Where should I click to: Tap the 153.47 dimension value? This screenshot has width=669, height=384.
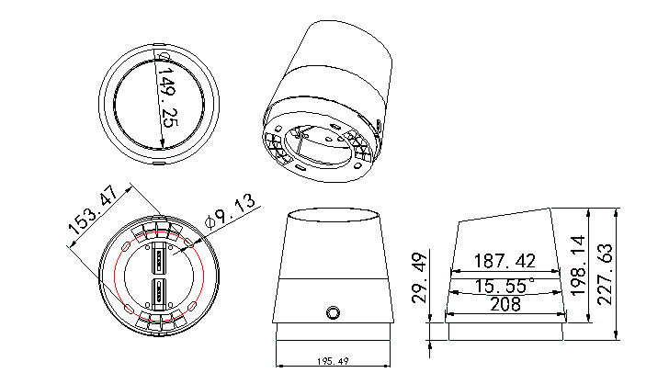coord(94,210)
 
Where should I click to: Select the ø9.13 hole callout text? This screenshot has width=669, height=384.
coord(230,212)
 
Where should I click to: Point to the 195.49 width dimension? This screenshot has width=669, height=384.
coord(333,361)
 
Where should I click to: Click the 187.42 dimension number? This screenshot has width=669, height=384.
coord(505,261)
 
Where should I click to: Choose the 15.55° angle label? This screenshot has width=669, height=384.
coord(504,285)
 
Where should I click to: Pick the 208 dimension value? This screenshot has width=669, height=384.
coord(505,305)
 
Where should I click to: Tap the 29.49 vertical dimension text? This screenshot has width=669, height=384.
coord(419,277)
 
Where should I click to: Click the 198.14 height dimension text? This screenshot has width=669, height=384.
coord(578,265)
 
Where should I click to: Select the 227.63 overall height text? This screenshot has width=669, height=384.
coord(605,274)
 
